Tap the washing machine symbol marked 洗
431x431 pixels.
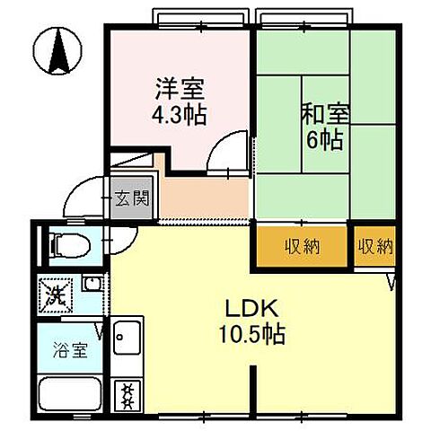tap(54, 294)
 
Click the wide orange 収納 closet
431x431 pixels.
tap(303, 245)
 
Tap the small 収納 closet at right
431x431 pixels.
tap(374, 245)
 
